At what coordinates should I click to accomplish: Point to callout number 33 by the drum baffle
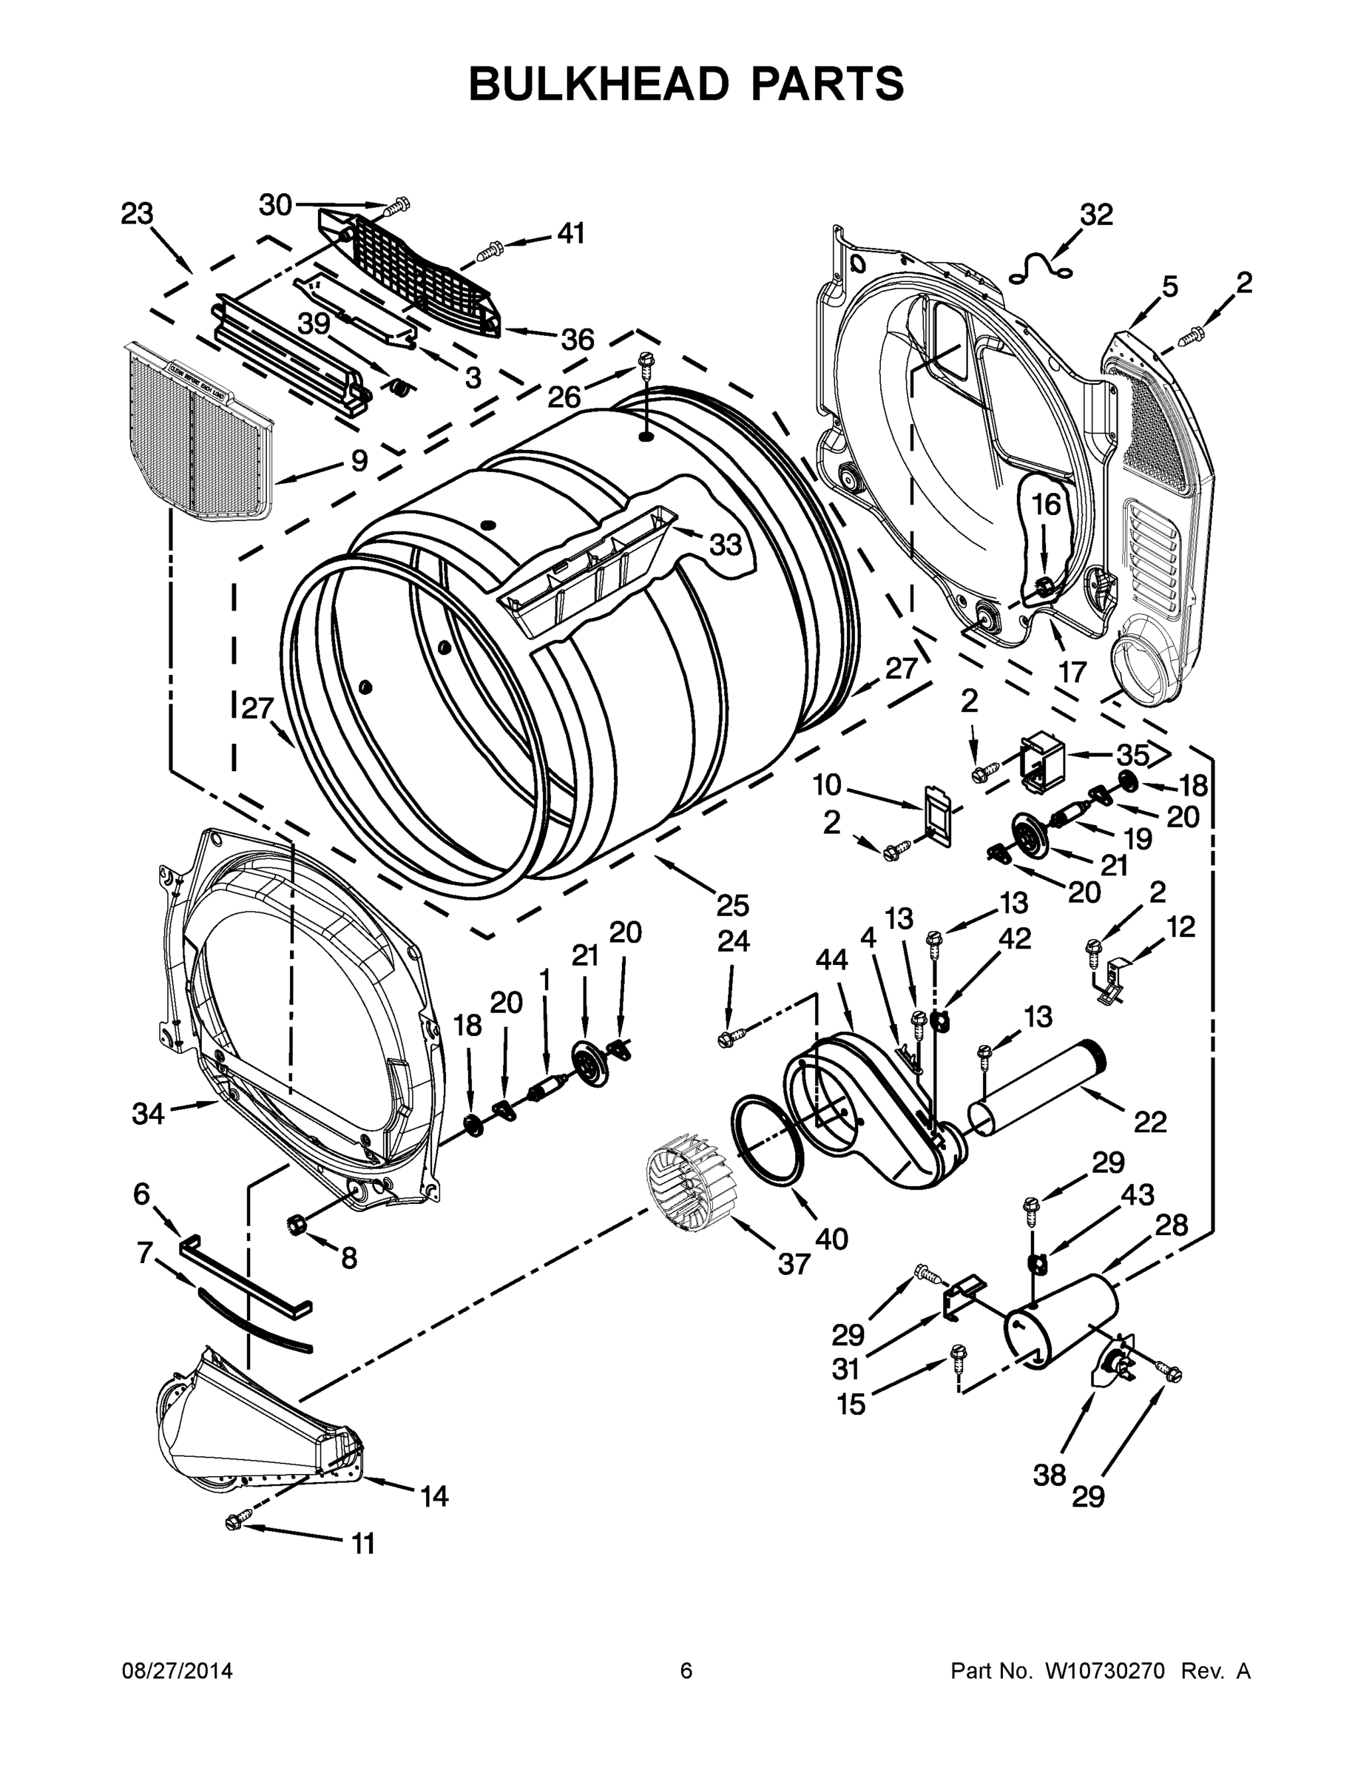click(725, 544)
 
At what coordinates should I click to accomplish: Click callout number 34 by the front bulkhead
click(149, 1113)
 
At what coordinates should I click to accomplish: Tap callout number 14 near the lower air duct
click(435, 1496)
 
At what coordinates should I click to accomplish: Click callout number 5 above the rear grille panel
click(1169, 286)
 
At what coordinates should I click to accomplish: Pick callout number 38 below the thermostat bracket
click(1049, 1474)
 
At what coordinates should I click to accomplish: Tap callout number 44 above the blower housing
click(831, 960)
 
